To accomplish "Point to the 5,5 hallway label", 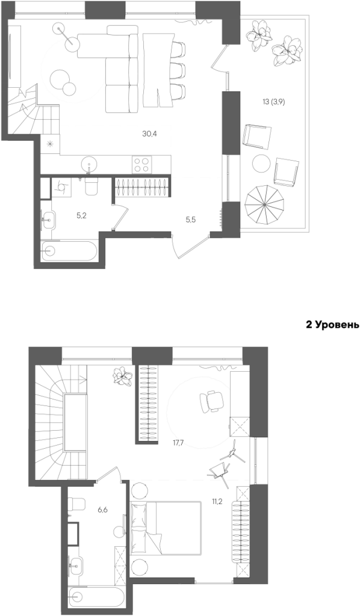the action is click(191, 220).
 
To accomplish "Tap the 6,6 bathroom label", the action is click(102, 510).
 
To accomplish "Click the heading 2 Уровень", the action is click(332, 325).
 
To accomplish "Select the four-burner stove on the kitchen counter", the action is click(142, 164).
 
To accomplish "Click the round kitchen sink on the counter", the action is click(90, 163).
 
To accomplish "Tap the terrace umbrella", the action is click(265, 205).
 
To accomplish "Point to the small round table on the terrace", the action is click(261, 163).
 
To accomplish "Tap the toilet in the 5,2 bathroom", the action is click(91, 186).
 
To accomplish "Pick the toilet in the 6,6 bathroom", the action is click(76, 505).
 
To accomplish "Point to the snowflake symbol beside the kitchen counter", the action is click(50, 143).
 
